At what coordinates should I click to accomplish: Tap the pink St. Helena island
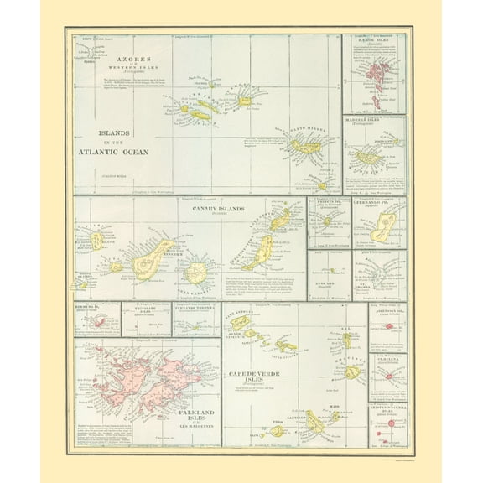point(388,376)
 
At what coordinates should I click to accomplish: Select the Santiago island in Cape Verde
point(314,422)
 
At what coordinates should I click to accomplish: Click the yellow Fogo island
point(278,431)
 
